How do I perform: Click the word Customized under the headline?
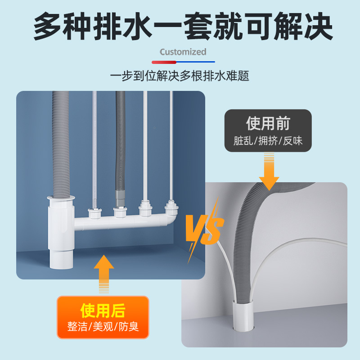(183, 52)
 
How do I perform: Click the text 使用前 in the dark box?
(268, 123)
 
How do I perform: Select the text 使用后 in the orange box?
(103, 310)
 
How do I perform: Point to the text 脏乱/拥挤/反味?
(268, 141)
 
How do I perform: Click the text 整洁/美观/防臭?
(103, 327)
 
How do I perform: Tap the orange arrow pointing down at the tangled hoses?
(269, 171)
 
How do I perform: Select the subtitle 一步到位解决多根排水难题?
(180, 76)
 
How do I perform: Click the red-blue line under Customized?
(183, 62)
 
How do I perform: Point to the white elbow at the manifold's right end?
(170, 218)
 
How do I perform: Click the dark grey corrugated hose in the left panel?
(121, 144)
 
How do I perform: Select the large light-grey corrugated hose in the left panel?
(59, 144)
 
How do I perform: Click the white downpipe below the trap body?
(59, 259)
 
